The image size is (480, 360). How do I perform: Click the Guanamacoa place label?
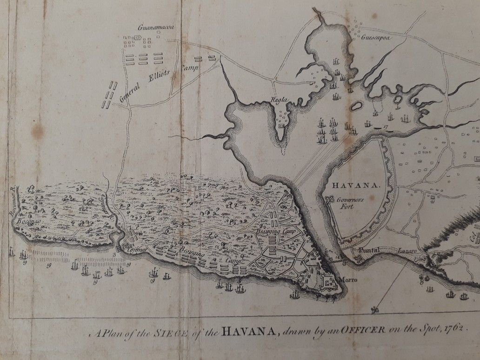tap(156, 28)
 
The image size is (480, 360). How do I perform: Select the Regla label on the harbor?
tap(281, 100)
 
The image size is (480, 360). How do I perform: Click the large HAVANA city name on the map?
tap(356, 185)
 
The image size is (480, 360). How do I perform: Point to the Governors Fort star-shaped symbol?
tap(331, 200)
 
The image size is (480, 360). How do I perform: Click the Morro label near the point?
tap(349, 280)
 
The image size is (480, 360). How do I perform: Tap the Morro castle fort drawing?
tap(327, 281)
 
